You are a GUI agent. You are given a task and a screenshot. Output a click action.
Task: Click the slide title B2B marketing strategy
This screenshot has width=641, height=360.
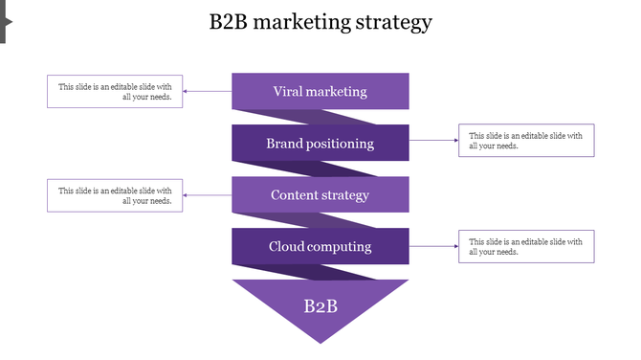point(320,22)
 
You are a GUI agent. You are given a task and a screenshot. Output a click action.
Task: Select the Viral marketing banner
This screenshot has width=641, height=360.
point(320,92)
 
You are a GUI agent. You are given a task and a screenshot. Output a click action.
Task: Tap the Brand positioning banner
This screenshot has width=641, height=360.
point(320,144)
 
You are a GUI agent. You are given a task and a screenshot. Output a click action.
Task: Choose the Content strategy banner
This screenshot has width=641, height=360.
point(320,195)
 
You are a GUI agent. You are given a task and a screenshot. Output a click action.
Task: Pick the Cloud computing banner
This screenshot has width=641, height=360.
point(320,247)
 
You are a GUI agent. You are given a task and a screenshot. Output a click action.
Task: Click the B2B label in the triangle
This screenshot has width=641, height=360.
point(320,306)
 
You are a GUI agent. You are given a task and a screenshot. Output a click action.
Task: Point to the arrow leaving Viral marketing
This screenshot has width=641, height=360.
point(208,92)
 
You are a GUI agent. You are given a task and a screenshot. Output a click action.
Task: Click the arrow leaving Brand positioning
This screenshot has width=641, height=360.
point(433,141)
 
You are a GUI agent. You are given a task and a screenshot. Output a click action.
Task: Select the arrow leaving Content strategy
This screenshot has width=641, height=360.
point(208,195)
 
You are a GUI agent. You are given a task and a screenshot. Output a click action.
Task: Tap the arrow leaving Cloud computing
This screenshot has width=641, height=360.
point(433,246)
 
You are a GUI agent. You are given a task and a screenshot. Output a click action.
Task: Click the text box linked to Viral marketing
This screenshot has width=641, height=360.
point(115,92)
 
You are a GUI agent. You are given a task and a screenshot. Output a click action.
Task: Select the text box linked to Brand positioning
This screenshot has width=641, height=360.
point(526,141)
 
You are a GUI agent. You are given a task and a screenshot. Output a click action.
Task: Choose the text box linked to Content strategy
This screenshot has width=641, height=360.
point(115,195)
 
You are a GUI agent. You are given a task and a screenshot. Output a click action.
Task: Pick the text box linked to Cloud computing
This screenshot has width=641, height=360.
point(526,246)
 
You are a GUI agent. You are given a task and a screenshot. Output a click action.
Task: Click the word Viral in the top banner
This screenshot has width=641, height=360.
point(290,92)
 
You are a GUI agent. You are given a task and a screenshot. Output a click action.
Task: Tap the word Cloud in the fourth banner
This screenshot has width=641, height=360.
point(288,247)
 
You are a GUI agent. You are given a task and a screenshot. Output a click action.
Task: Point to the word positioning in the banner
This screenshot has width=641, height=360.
point(341,145)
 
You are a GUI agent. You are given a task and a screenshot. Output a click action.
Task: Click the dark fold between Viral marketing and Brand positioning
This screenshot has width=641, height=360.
point(320,117)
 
